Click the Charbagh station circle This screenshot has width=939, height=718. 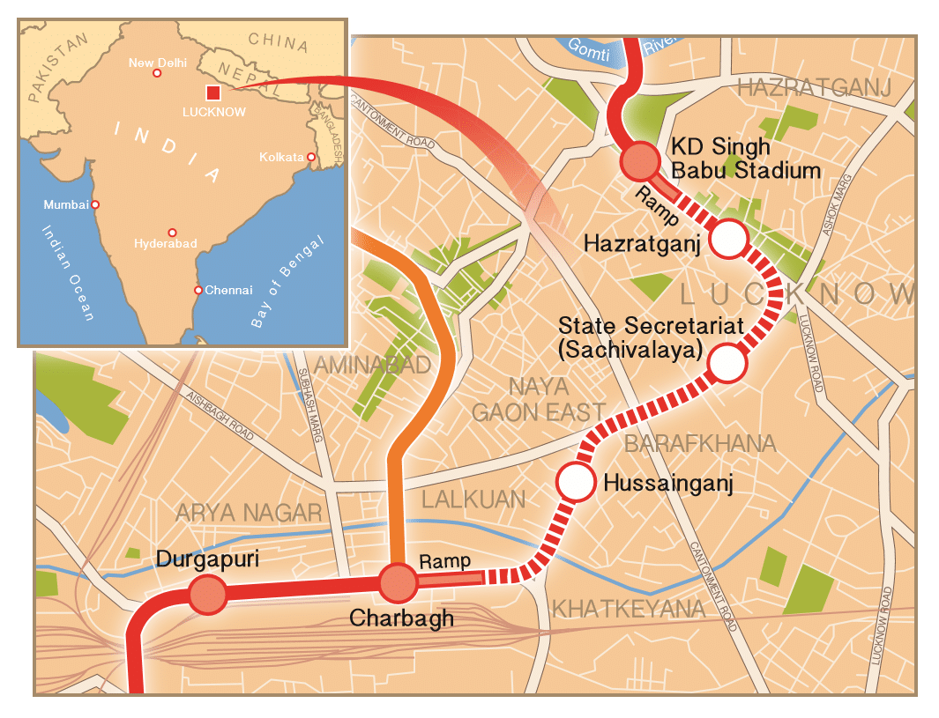point(398,581)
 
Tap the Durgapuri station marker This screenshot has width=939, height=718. point(208,595)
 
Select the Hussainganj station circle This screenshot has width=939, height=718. point(575,482)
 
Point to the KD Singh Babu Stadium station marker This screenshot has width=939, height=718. point(640,161)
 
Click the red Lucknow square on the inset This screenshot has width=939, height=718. point(212,93)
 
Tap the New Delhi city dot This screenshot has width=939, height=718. point(157,73)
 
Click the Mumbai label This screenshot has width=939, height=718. point(65,204)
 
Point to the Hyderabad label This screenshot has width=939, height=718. point(165,243)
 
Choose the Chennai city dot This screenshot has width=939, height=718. point(198,290)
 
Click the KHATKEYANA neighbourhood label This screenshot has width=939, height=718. point(628,609)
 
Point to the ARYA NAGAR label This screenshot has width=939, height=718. point(250,513)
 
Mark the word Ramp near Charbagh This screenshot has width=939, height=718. point(444,561)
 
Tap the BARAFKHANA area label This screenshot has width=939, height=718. point(700,443)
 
